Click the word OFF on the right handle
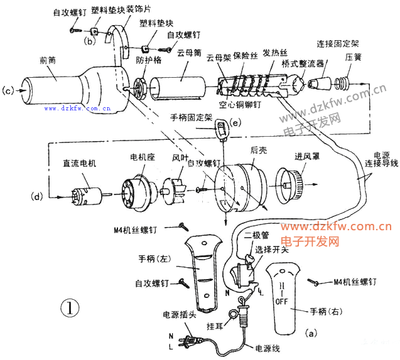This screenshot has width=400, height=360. click(x=283, y=301)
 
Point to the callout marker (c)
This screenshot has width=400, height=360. click(x=9, y=90)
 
